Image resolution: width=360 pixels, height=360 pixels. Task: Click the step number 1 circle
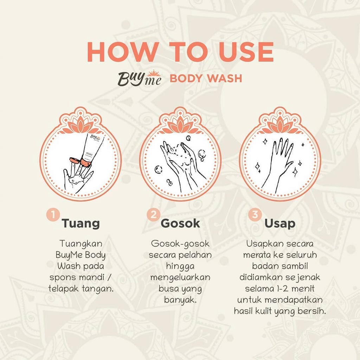[x=53, y=215]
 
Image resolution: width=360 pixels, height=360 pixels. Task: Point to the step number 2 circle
[x=154, y=215]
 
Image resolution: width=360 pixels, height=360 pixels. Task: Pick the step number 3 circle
[x=255, y=215]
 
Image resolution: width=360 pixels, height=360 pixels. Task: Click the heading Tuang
[x=81, y=223]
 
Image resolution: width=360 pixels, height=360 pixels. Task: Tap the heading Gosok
[x=180, y=223]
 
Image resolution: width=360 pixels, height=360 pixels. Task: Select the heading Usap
[x=280, y=224]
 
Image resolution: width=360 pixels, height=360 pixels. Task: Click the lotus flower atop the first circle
[x=81, y=125]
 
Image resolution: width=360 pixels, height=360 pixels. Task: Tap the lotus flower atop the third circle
[x=280, y=125]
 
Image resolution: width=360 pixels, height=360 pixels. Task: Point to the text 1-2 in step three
[x=283, y=289]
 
